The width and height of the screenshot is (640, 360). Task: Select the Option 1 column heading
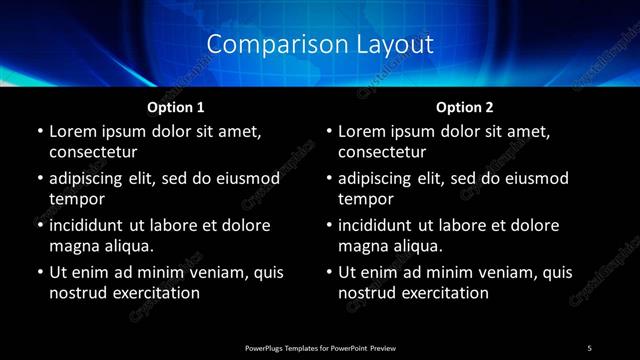[176, 106]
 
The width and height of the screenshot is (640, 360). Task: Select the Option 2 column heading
[465, 106]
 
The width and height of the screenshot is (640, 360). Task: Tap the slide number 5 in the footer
[589, 347]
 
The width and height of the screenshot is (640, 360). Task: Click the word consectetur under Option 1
[93, 152]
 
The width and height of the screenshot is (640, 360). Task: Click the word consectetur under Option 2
[383, 152]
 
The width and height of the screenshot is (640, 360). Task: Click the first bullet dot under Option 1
[38, 131]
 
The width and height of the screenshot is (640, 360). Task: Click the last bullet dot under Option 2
[328, 272]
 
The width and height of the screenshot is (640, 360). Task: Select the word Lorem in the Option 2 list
[363, 131]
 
